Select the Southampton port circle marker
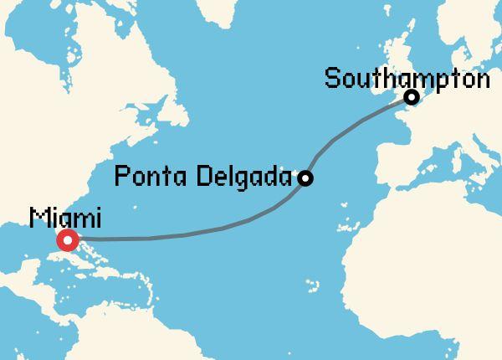tap(412, 98)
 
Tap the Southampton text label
tap(407, 80)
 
